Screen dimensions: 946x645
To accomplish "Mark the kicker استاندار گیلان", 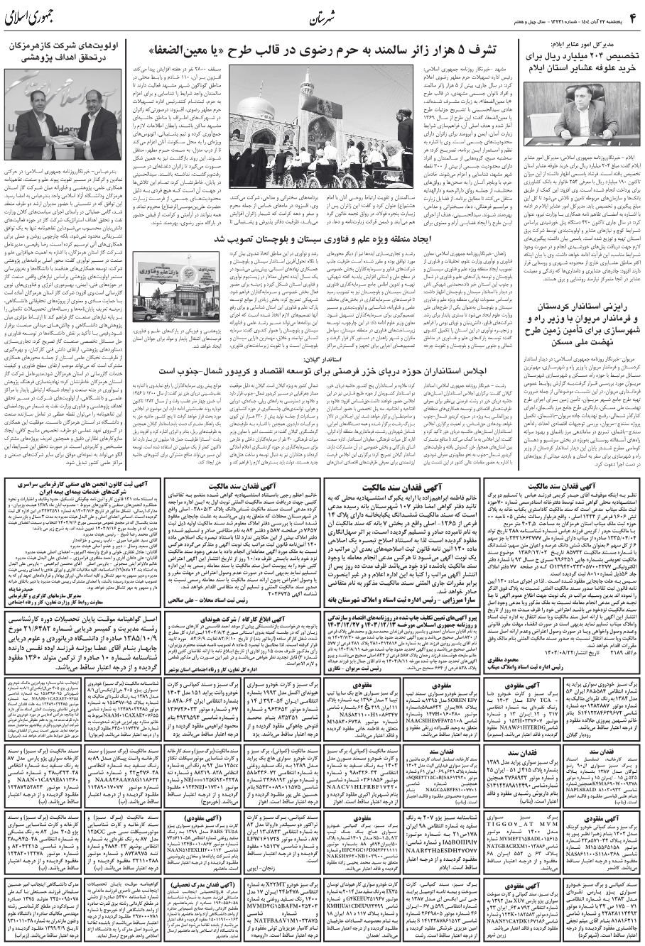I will (322, 360).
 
